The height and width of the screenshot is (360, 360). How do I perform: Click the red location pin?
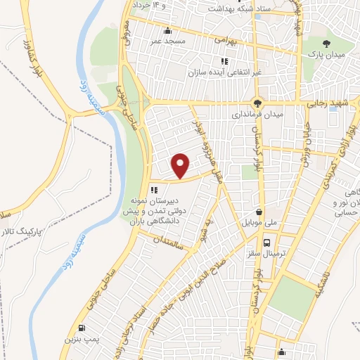(181, 165)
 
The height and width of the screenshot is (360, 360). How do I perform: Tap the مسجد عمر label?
(165, 41)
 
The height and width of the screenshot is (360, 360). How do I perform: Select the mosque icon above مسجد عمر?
(167, 31)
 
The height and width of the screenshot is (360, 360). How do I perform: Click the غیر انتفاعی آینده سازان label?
(223, 72)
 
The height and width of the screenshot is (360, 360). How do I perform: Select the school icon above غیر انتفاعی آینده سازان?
(224, 61)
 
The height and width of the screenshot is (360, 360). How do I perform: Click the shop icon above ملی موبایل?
(260, 211)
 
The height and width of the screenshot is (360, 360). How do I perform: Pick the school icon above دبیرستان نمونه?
(153, 188)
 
